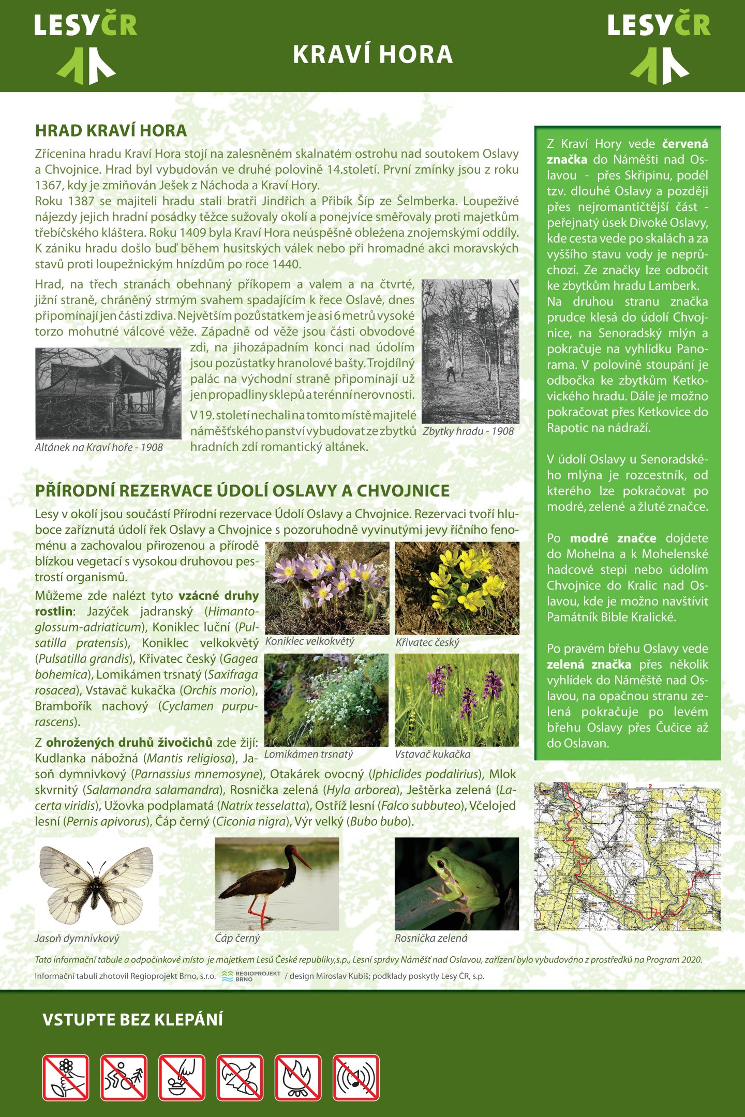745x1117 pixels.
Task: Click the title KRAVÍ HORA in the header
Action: coord(373,55)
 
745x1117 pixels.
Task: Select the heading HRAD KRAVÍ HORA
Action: coord(111,130)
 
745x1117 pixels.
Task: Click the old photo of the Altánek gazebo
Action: coord(108,393)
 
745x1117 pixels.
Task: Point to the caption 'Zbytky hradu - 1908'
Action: coord(468,431)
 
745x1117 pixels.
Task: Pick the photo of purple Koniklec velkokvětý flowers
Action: coord(327,588)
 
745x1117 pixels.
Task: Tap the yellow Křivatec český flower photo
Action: coord(457,588)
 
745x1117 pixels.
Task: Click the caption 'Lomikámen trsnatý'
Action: coord(308,754)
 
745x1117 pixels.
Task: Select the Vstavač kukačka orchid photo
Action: coord(457,700)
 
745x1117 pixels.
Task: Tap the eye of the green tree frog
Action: coord(441,864)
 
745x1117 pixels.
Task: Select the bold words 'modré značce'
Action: coord(613,538)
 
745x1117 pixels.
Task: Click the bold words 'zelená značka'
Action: coord(589,665)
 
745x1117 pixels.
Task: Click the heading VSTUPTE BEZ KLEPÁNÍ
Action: coord(132,1020)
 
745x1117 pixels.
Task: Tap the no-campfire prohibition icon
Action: coord(298,1077)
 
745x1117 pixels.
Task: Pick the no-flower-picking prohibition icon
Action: coord(66,1077)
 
